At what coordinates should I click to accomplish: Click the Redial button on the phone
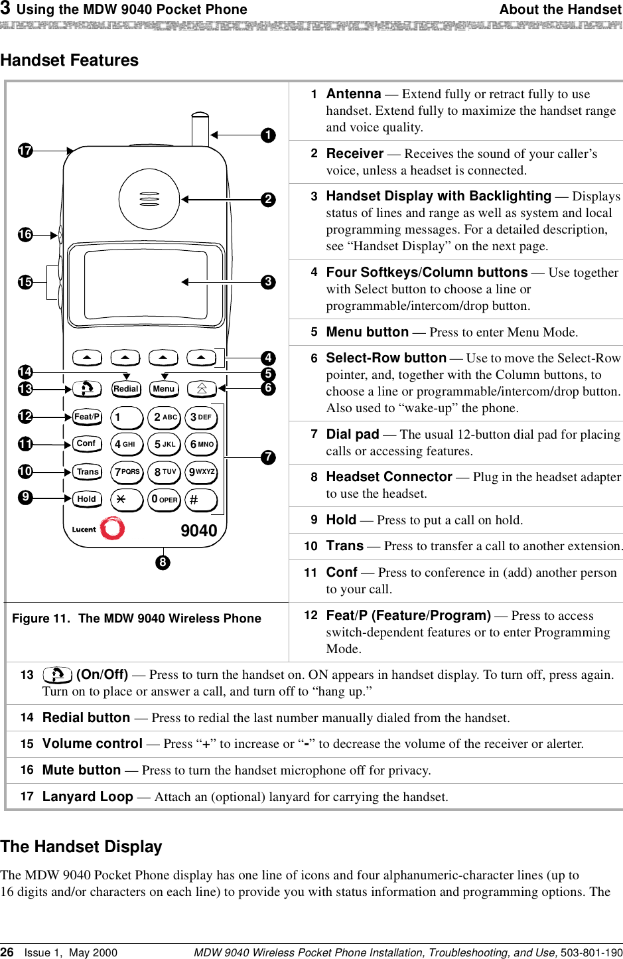click(126, 389)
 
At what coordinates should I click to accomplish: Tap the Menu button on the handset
click(164, 389)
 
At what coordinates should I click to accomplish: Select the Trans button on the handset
click(87, 472)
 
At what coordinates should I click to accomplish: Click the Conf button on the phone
click(87, 443)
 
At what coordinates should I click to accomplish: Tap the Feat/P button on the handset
click(87, 417)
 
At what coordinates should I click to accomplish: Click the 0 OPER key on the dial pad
click(164, 499)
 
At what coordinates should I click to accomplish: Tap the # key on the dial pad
click(201, 499)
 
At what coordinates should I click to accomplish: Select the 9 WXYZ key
click(201, 472)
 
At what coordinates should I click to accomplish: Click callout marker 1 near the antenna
click(268, 135)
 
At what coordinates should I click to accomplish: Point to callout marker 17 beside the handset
click(25, 151)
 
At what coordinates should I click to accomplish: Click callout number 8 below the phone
click(163, 563)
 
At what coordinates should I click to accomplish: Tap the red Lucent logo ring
click(113, 528)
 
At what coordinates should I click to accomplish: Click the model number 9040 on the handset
click(199, 531)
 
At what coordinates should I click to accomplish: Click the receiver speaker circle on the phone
click(149, 199)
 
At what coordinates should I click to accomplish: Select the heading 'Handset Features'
click(70, 60)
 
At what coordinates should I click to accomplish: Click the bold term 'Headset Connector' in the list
click(389, 477)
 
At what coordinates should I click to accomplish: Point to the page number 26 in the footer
click(7, 952)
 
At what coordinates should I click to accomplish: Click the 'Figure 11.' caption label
click(41, 619)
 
